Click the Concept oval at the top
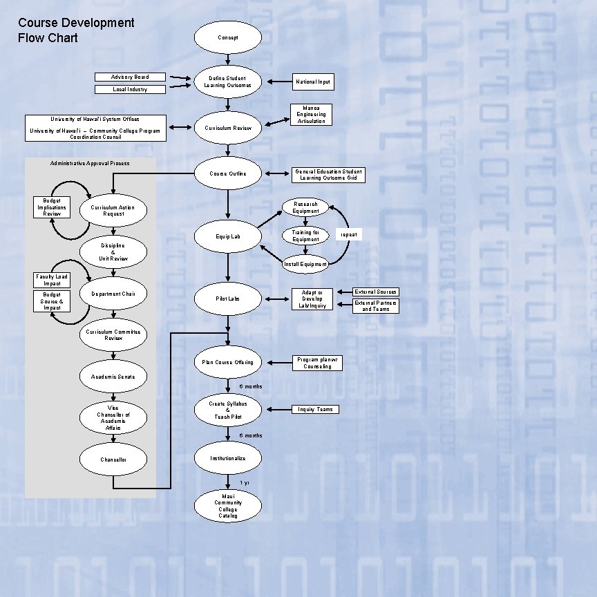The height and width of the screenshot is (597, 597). coord(228,37)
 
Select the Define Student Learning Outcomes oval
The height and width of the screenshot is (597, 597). coord(228,82)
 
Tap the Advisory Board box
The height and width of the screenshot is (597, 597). coord(131,77)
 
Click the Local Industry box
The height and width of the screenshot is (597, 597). coord(131,89)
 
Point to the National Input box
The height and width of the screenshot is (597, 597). coord(313,82)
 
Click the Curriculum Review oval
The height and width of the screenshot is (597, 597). coord(228,128)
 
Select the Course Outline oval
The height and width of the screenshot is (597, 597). coord(228,173)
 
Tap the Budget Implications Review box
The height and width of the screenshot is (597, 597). coord(52,207)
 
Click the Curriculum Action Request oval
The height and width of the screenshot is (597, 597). coord(114,211)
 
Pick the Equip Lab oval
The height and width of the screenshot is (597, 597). coord(228,236)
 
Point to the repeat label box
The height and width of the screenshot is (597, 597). coord(348,235)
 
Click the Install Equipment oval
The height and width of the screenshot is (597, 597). coord(305,264)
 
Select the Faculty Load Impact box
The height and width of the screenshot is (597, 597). coord(52,280)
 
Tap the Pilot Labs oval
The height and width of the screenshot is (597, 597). coord(228,298)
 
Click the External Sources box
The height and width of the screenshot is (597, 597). coord(376,292)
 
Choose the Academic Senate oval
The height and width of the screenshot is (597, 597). coord(114,377)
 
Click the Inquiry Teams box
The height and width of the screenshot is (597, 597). coord(315,409)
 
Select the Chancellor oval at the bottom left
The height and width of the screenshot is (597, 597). coord(114,459)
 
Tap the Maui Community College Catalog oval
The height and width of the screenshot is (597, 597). coord(228,506)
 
